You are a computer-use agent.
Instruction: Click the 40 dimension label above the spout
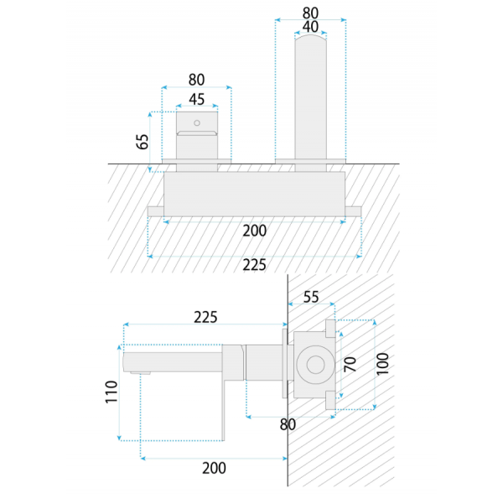coord(310,27)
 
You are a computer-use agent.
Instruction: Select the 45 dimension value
coord(197,99)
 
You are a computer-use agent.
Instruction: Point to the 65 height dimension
coord(143,142)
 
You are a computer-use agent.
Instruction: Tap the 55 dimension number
coord(311,297)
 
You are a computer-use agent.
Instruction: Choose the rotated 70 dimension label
coord(350,364)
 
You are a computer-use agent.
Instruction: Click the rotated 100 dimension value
coord(382,364)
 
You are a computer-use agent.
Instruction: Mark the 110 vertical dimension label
coord(111,392)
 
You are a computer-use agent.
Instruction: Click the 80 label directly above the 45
coord(196,80)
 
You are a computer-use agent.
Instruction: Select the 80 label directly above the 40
coord(310,13)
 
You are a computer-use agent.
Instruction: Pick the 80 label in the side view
coord(288,424)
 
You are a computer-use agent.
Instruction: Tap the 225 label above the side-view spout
coord(205,317)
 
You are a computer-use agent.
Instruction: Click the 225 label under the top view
coord(254,265)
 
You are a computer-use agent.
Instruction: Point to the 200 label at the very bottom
coord(214,468)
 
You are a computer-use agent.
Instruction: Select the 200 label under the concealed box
coord(254,231)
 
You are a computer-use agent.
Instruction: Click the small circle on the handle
coord(197,123)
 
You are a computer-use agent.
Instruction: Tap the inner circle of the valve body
coord(316,365)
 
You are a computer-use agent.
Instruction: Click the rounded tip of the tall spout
coord(310,37)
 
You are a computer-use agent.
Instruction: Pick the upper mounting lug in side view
coord(330,329)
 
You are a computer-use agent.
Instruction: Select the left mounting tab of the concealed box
coord(156,211)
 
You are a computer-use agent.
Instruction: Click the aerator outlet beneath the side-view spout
coord(141,373)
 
